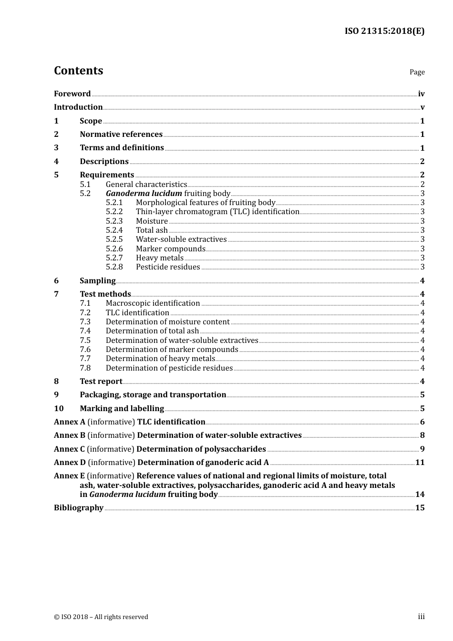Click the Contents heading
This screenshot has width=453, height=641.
point(78,71)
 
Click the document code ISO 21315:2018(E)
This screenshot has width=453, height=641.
point(384,31)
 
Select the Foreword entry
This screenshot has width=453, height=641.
point(72,94)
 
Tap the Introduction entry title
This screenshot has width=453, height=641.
point(78,107)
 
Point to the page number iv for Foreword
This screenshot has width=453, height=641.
point(421,94)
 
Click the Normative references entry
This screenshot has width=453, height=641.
point(121,134)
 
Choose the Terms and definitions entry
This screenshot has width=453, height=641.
point(122,148)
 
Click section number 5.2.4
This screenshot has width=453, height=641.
point(114,230)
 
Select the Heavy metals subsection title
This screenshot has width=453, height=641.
point(159,258)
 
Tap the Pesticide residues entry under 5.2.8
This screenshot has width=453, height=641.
point(168,267)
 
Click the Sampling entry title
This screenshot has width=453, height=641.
point(97,281)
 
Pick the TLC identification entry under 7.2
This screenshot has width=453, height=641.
point(137,313)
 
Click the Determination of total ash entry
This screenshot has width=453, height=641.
point(152,331)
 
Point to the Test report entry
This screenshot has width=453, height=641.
point(101,382)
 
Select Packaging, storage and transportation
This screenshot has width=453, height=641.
point(153,395)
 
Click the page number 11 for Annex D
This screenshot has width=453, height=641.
point(420,463)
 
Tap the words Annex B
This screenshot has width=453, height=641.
point(70,435)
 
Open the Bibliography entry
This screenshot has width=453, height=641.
point(79,508)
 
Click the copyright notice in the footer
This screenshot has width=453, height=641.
point(101,617)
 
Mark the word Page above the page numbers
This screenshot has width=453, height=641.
point(417,72)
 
